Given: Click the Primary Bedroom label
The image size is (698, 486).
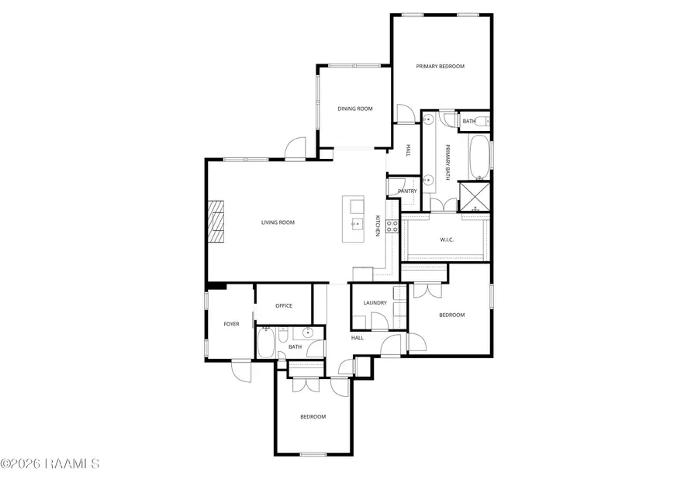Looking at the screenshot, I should click(440, 67).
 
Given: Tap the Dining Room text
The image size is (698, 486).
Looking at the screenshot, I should click(354, 109).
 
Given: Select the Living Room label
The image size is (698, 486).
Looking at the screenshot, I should click(277, 222).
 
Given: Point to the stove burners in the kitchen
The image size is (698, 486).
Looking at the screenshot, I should click(392, 226).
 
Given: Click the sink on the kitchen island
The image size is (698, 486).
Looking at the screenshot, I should click(357, 225).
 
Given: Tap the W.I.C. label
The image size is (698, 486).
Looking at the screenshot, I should click(447, 240).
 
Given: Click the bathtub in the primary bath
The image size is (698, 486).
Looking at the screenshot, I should click(479, 155).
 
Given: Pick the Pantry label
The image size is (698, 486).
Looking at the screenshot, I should click(407, 191).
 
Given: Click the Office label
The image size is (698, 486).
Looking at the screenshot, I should click(284, 305).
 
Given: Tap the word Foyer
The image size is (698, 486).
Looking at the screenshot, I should click(231, 324).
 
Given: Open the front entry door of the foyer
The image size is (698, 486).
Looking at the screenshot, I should click(243, 371).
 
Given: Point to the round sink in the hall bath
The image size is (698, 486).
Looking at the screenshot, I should click(308, 334).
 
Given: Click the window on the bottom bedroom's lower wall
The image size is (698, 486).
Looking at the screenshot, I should click(313, 454).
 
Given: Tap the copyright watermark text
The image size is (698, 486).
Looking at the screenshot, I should click(50, 464).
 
